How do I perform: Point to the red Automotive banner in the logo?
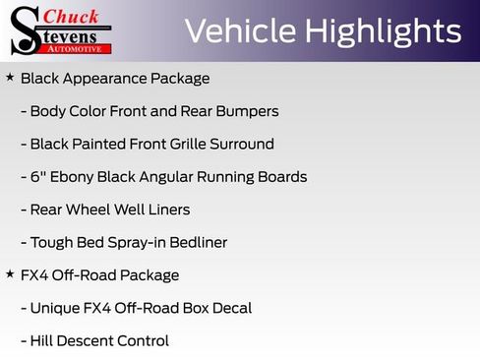(75, 47)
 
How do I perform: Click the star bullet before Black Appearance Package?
(10, 77)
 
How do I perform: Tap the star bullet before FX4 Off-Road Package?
(10, 274)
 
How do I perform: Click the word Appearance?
(105, 78)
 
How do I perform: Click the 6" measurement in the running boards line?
(37, 177)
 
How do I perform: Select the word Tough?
(52, 242)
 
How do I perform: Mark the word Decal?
(231, 308)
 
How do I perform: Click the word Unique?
(57, 308)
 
